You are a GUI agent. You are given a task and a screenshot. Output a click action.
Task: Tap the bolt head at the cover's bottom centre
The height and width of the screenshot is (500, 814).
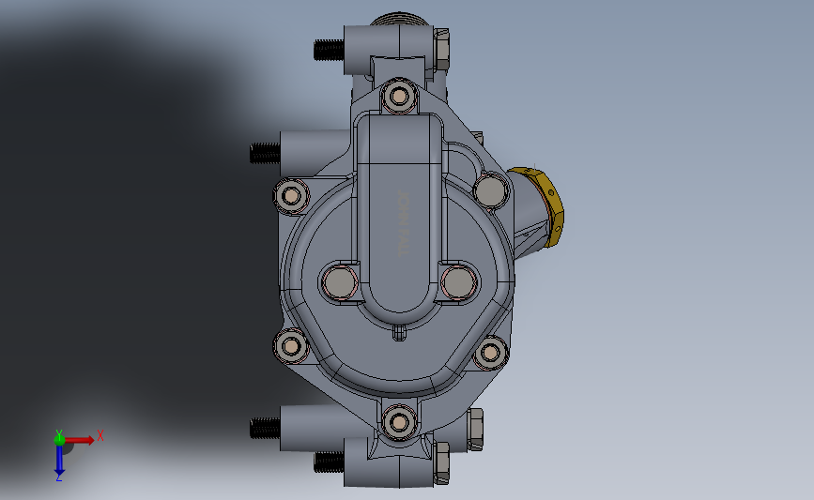click(401, 421)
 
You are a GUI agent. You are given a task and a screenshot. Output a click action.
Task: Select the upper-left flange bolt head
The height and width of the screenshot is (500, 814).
click(291, 195)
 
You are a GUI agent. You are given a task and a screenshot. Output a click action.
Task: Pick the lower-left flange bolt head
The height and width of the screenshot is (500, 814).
click(292, 346)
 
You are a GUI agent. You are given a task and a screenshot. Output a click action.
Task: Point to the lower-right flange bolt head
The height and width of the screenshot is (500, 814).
click(490, 353)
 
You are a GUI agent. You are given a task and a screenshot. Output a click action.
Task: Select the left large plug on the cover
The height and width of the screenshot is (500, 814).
click(339, 281)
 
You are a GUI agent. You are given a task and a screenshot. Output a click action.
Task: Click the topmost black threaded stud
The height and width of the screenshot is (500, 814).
click(327, 48)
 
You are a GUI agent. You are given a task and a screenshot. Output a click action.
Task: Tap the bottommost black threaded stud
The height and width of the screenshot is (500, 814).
click(330, 461)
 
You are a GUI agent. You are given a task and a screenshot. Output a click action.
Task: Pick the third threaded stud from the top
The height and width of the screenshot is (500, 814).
click(265, 429)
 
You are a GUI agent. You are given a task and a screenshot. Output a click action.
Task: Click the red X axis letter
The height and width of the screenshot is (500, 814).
click(100, 435)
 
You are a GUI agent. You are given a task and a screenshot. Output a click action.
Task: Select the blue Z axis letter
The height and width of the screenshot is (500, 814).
click(58, 476)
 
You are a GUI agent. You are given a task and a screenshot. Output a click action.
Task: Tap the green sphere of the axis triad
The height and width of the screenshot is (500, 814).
click(59, 438)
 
